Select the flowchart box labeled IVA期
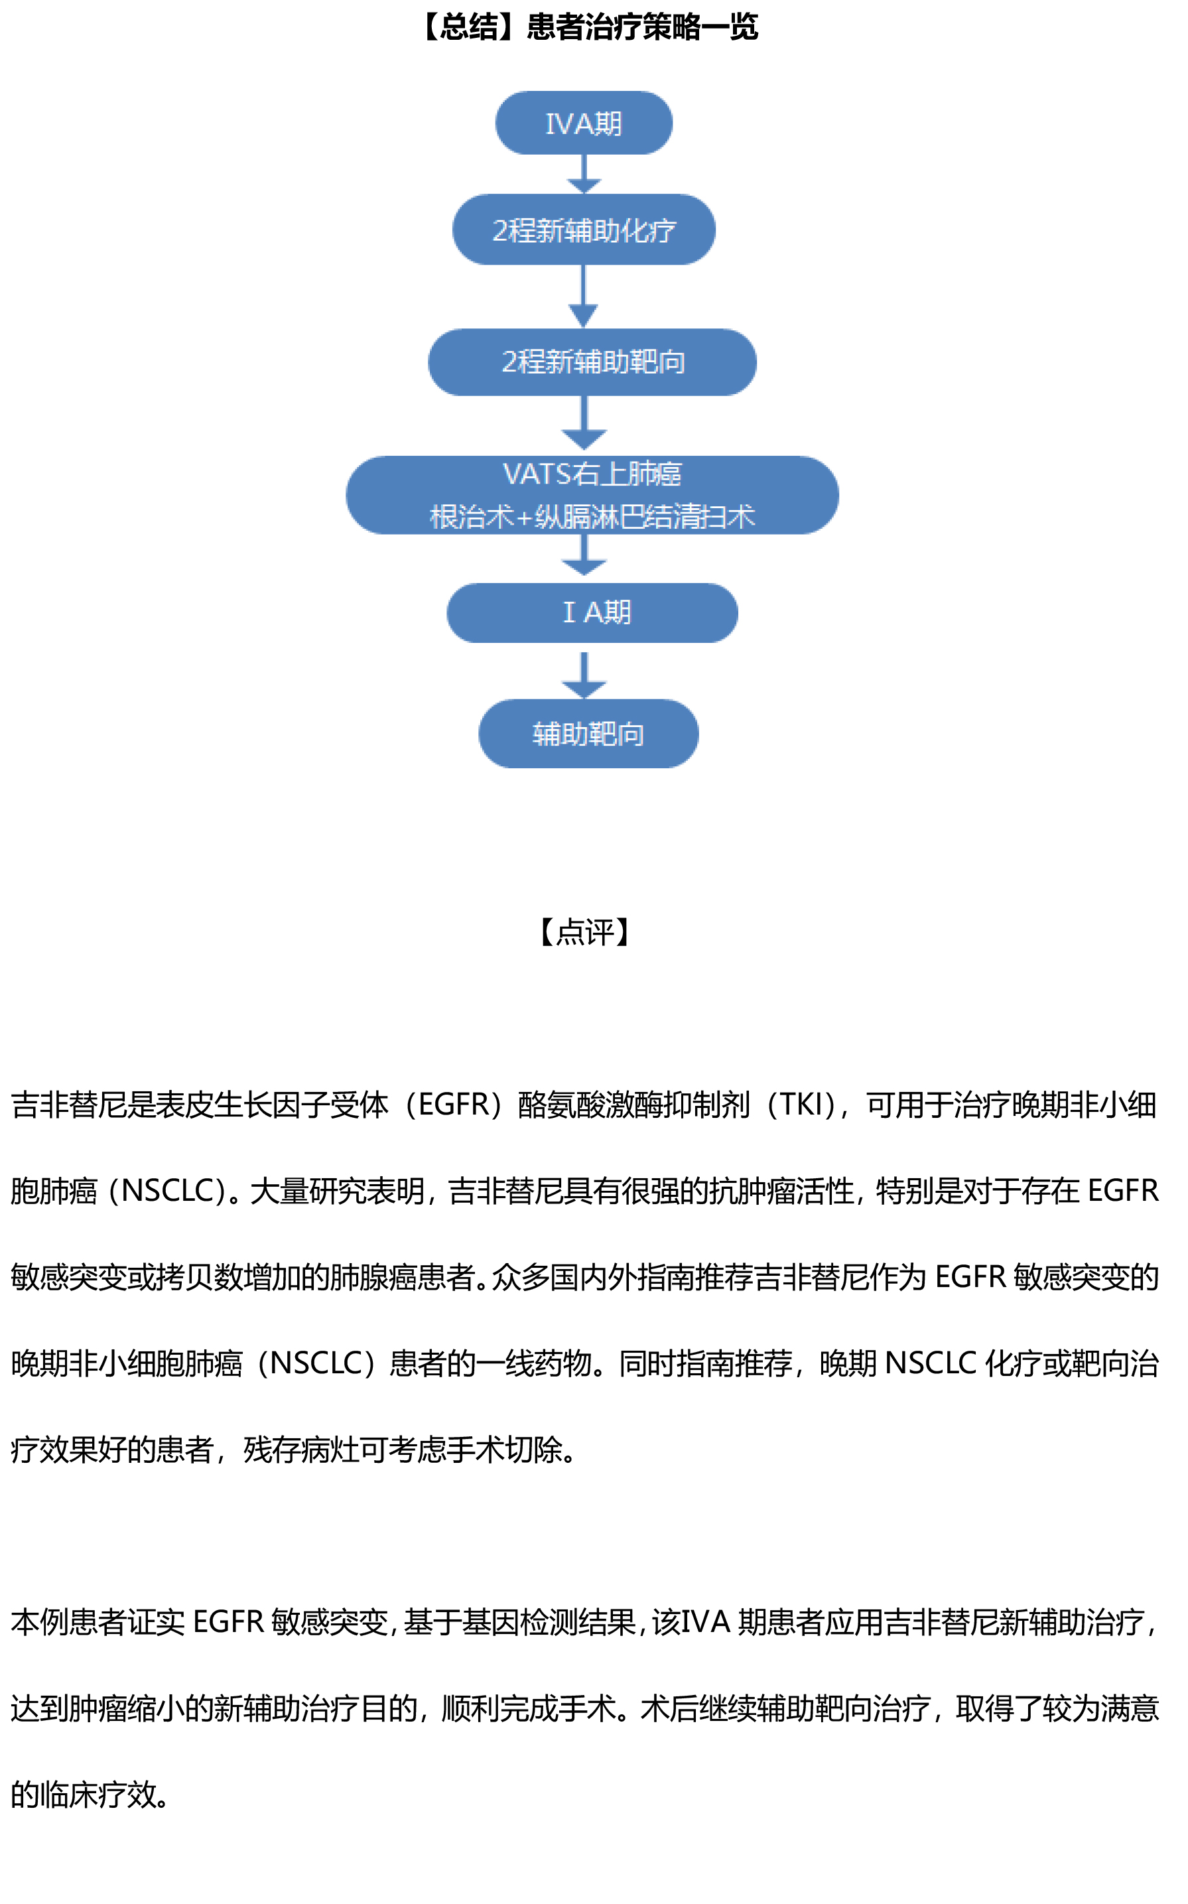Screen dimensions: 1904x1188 583,123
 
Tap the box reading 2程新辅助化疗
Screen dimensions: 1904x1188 583,230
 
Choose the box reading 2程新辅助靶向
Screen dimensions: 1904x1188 592,362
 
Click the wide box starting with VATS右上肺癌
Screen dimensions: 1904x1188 592,495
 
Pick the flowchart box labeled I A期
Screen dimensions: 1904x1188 592,612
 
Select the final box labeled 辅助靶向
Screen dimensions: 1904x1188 588,733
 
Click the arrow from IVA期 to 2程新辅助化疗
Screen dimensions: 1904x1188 584,174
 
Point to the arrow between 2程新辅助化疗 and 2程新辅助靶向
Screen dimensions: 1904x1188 583,297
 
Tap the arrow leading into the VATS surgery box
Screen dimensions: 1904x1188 584,425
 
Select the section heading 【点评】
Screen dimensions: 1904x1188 585,932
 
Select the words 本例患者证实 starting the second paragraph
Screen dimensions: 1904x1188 98,1622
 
